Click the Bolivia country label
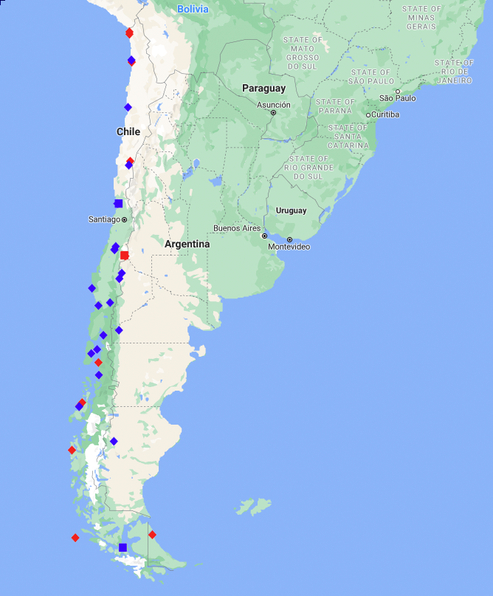pos(193,9)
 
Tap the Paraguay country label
pos(263,89)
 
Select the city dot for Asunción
pos(273,113)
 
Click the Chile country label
pos(128,131)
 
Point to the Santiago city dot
pos(124,219)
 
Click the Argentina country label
pos(187,244)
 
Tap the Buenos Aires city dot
pos(264,236)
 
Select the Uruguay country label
pos(291,210)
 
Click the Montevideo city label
pos(289,247)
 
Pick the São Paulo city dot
pos(398,91)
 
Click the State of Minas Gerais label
pos(421,17)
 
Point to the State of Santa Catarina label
pos(348,137)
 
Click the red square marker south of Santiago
pos(125,256)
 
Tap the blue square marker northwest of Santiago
pos(118,203)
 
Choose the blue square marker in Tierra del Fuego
pos(123,547)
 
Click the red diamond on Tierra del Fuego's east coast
pos(152,535)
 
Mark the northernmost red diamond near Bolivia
pos(129,32)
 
